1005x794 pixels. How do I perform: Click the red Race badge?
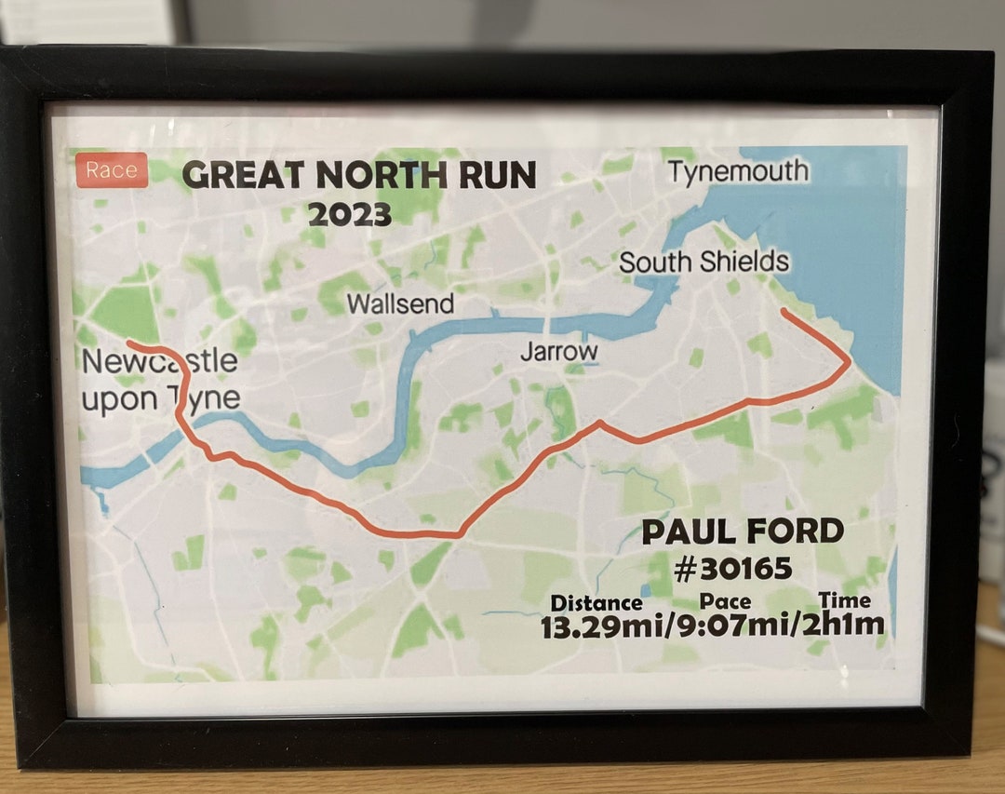tap(112, 170)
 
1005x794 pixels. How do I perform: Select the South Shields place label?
tap(703, 262)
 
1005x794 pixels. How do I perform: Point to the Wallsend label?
tap(400, 303)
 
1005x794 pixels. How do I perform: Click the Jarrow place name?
tap(558, 352)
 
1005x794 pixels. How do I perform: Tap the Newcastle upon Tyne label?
tap(160, 380)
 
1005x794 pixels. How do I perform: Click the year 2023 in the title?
tap(349, 214)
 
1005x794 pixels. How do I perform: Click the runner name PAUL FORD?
tap(743, 532)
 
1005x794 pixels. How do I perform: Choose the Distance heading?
tap(596, 602)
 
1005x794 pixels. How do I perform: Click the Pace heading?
tap(725, 601)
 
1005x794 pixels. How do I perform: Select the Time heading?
tap(845, 600)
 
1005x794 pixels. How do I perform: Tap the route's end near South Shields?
tap(784, 311)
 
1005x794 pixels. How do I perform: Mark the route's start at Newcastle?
tap(128, 344)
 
